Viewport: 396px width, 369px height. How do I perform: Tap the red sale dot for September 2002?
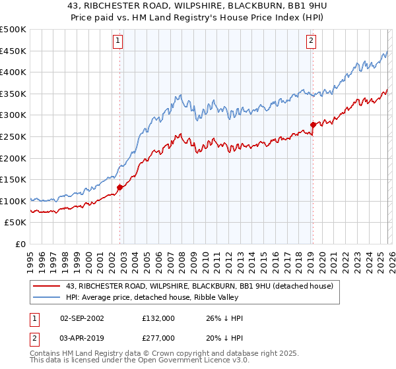point(119,187)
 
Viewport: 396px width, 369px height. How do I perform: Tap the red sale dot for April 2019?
point(313,125)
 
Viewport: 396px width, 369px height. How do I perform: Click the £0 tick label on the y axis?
point(20,244)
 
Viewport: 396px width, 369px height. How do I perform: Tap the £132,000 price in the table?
point(158,318)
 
